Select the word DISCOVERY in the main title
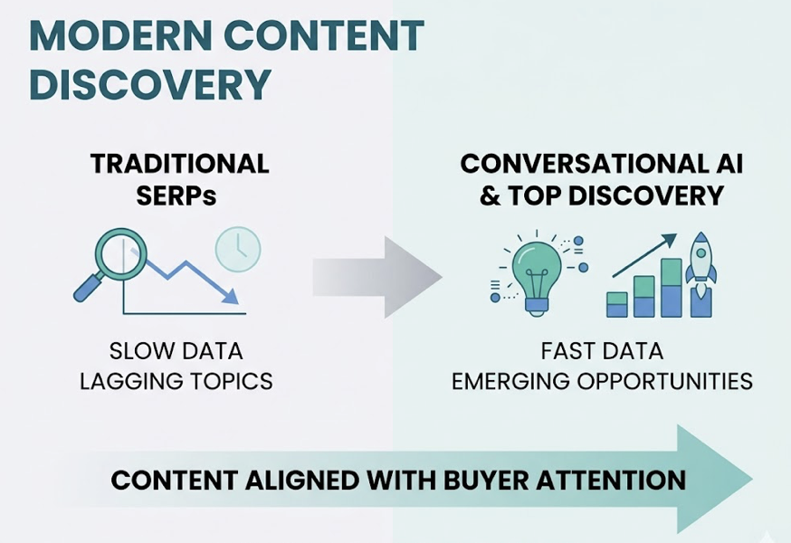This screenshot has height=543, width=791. [149, 83]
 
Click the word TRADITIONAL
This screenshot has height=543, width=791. [179, 164]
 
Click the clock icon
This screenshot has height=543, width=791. [238, 247]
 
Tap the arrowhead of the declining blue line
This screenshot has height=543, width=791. [232, 296]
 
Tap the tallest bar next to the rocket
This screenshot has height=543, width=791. [672, 288]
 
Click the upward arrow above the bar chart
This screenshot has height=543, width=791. [645, 256]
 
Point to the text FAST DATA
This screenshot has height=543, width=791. [602, 351]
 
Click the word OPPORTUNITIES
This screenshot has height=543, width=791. [670, 381]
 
